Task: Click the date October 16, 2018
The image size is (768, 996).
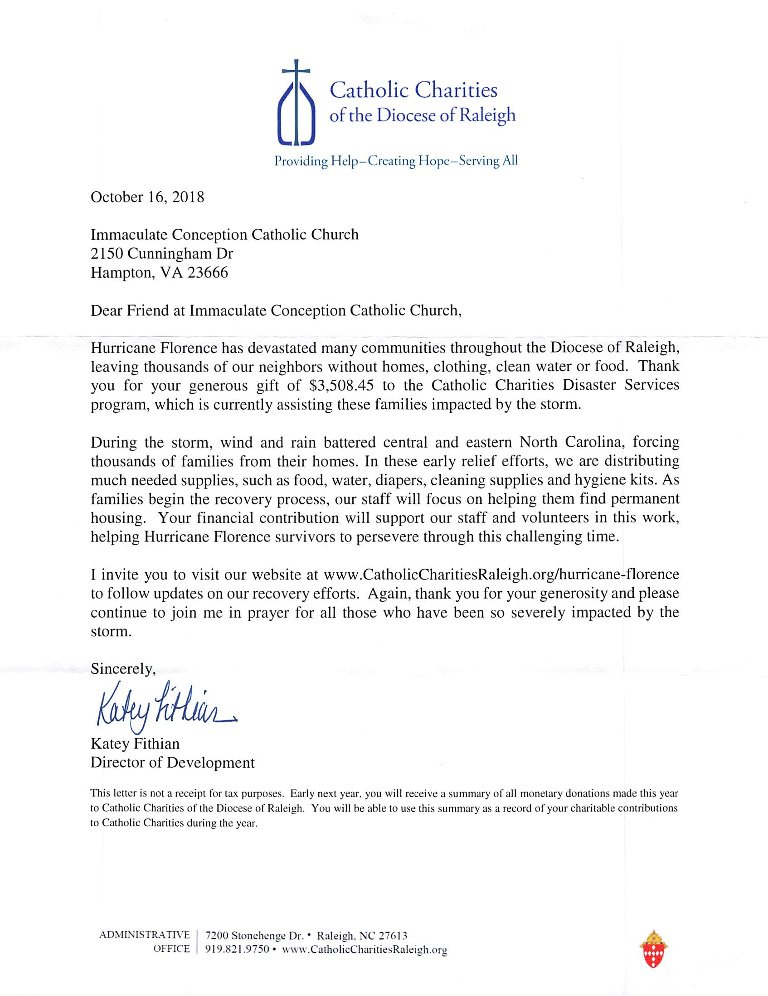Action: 147,197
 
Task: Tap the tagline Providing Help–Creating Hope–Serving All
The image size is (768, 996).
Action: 396,161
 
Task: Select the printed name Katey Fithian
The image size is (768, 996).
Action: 135,744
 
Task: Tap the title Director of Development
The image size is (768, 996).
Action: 172,763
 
